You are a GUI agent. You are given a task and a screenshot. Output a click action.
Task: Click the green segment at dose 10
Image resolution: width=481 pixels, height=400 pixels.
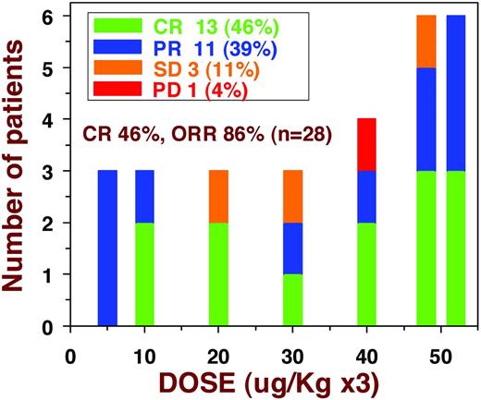click(x=144, y=273)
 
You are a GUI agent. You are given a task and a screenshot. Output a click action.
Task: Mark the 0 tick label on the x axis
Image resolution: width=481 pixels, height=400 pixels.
click(x=70, y=353)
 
